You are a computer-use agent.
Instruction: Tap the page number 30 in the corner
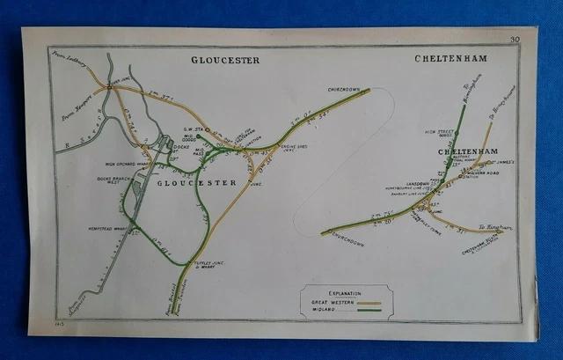[514, 39]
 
